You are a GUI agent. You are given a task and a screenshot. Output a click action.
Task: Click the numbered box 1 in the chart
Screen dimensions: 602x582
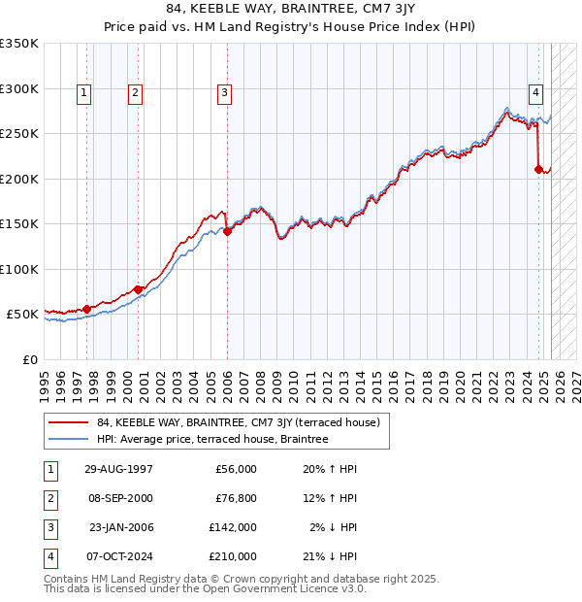[x=85, y=93]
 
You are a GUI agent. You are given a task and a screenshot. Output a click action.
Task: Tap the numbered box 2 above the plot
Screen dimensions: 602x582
[x=135, y=93]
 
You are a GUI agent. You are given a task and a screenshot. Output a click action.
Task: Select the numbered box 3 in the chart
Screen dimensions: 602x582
[x=224, y=93]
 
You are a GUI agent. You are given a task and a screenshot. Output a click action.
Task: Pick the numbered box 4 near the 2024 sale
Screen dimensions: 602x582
[x=535, y=93]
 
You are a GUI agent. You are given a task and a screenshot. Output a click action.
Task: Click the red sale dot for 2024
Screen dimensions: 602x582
[x=538, y=170]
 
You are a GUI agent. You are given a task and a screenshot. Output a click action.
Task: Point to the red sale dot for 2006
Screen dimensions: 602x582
[x=227, y=231]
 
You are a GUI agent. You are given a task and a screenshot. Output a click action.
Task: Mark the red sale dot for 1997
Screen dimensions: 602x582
[x=87, y=309]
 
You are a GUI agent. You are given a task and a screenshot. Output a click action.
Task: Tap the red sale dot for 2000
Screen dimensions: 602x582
[x=138, y=289]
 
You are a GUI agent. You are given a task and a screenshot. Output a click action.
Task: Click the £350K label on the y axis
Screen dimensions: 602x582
[x=19, y=44]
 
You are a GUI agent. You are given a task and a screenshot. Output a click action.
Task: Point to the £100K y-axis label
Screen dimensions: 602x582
[x=19, y=269]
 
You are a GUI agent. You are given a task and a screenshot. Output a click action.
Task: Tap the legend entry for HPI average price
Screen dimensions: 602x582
[x=212, y=439]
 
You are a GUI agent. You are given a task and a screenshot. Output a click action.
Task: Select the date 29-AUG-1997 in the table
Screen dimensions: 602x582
[x=118, y=469]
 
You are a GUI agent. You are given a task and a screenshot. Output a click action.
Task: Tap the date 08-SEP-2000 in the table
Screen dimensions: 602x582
[x=118, y=498]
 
